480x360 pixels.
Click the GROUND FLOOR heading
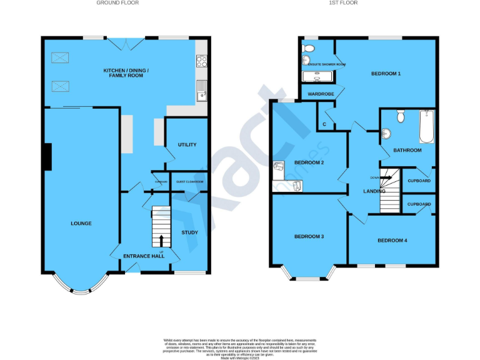117,3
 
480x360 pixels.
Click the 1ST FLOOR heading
342,3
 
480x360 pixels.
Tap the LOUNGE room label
81,223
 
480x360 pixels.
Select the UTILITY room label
187,144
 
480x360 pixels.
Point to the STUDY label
189,232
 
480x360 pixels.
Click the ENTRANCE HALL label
143,256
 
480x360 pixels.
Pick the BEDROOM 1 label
386,74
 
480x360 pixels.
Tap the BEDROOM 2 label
309,162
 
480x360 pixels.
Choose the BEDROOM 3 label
309,236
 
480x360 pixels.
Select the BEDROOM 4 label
392,240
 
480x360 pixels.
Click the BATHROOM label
407,150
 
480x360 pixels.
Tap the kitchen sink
202,91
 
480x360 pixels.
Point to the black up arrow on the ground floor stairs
161,241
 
